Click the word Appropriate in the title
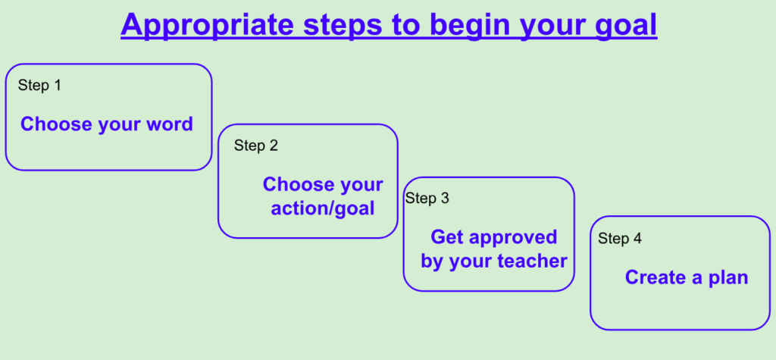(208, 25)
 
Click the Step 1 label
(39, 85)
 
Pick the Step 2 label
(256, 146)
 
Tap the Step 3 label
(427, 198)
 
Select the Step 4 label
(620, 238)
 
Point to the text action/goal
(323, 208)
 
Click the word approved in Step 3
(513, 238)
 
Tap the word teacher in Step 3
(532, 261)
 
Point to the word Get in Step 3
(447, 236)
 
